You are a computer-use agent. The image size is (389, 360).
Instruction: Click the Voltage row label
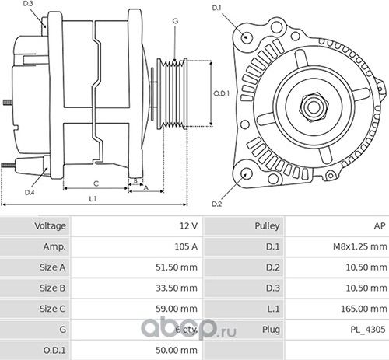click(x=50, y=226)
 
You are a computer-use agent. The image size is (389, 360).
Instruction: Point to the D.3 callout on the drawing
click(x=29, y=5)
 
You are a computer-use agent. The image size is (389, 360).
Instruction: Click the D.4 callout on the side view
click(x=30, y=191)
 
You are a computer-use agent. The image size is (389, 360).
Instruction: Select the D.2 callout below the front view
click(x=217, y=204)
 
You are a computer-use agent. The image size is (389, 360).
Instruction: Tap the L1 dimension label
click(x=92, y=199)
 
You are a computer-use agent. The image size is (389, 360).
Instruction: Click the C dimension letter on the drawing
click(x=96, y=183)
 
